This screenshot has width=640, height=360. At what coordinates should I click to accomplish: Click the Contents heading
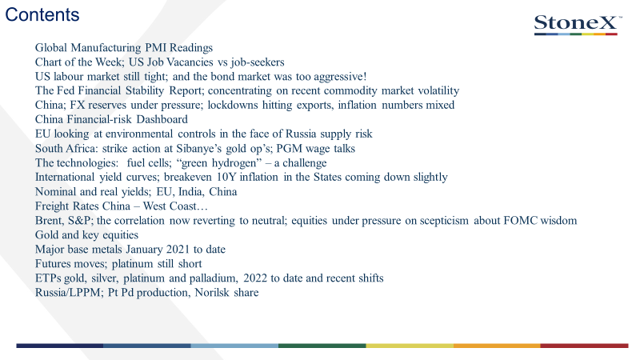pyautogui.click(x=42, y=14)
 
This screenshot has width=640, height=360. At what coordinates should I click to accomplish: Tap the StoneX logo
pyautogui.click(x=578, y=25)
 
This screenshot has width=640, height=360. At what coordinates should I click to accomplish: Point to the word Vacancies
pyautogui.click(x=190, y=62)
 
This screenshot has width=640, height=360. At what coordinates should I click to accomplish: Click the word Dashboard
pyautogui.click(x=162, y=119)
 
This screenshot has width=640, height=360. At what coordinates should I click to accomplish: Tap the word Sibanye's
pyautogui.click(x=198, y=148)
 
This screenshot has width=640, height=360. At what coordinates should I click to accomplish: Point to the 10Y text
pyautogui.click(x=226, y=177)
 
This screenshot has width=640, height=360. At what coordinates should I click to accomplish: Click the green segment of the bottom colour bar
pyautogui.click(x=322, y=346)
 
